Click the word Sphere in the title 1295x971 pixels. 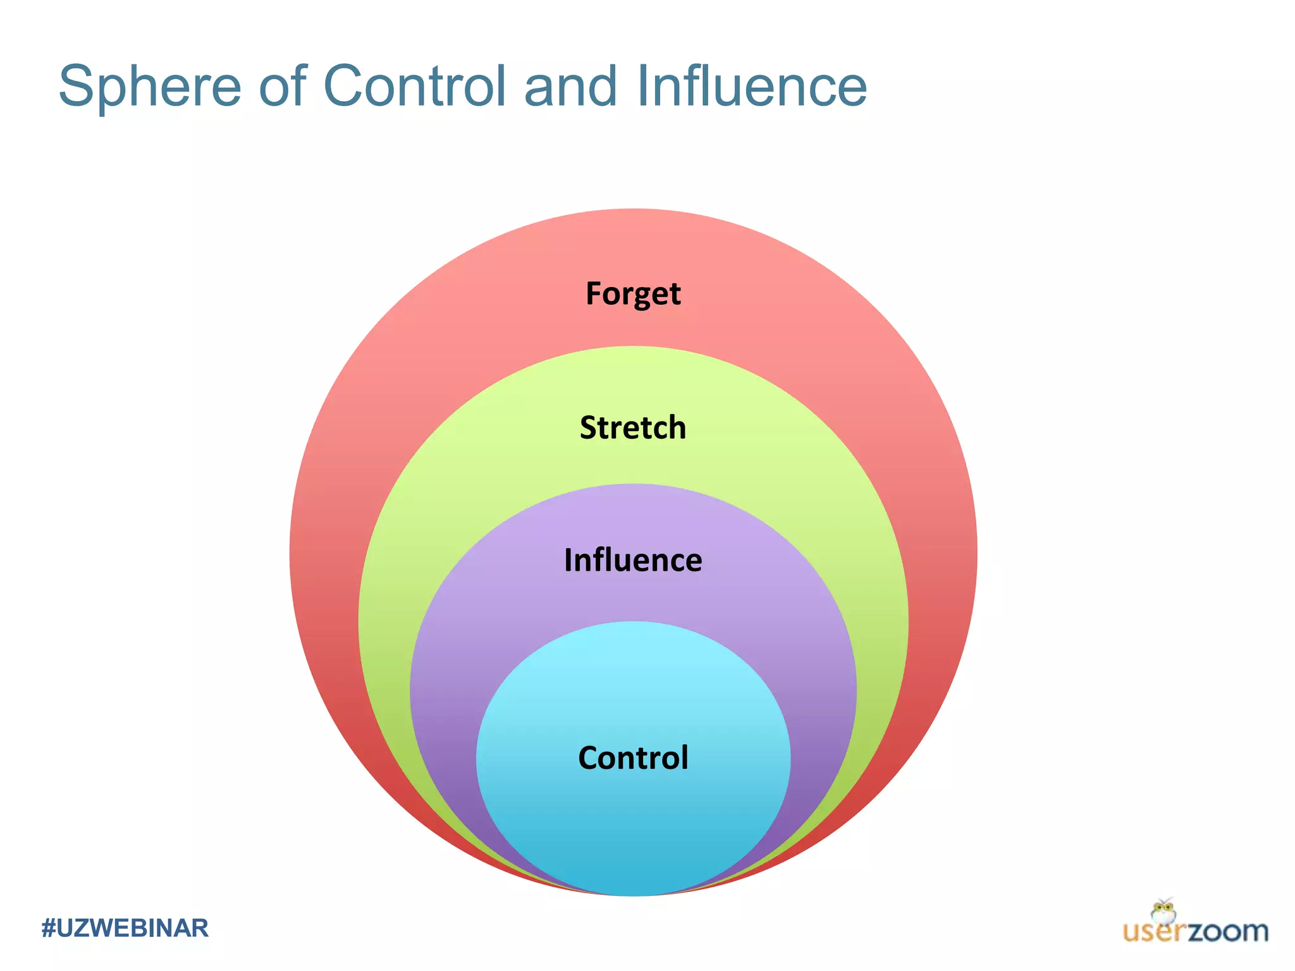point(150,87)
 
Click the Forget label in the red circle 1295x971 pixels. point(633,294)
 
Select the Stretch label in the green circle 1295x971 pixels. point(633,428)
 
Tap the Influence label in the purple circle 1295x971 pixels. point(633,561)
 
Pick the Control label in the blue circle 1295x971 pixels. point(633,758)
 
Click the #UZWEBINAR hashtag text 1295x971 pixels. point(125,928)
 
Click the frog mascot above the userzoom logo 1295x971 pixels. point(1163,912)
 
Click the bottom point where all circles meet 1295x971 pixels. point(633,895)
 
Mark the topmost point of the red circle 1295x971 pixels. point(633,209)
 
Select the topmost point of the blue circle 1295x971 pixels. point(633,622)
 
